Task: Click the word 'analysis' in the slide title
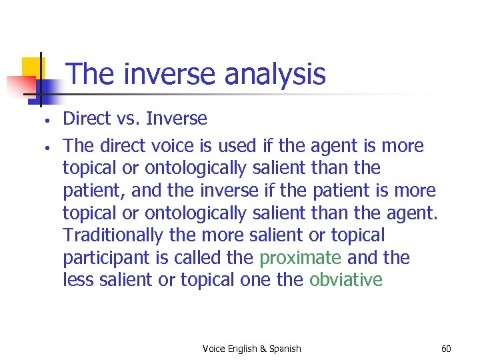click(x=275, y=74)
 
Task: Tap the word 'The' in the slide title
click(x=89, y=74)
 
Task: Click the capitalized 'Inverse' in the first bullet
click(x=177, y=119)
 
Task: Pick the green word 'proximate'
click(x=301, y=257)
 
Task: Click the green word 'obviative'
click(x=346, y=280)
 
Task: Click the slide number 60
click(x=446, y=349)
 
